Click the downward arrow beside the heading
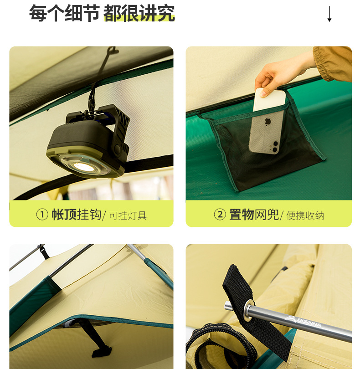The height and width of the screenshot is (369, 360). click(329, 14)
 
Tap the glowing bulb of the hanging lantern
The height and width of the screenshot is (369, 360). click(83, 166)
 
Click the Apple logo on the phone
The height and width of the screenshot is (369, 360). click(267, 122)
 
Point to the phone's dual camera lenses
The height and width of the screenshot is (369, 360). click(274, 146)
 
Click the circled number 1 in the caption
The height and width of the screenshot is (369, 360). click(42, 215)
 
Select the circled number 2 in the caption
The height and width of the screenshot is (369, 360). click(220, 215)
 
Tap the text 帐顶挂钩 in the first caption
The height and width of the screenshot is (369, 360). click(77, 215)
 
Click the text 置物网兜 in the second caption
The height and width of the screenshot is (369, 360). click(254, 215)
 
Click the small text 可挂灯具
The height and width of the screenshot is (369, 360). click(128, 215)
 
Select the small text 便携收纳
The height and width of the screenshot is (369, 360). click(305, 215)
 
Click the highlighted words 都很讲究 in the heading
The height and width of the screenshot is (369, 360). click(139, 13)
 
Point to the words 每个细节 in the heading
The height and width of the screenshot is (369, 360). click(64, 13)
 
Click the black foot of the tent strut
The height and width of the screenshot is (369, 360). click(102, 351)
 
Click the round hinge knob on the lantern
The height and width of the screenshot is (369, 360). click(117, 148)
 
